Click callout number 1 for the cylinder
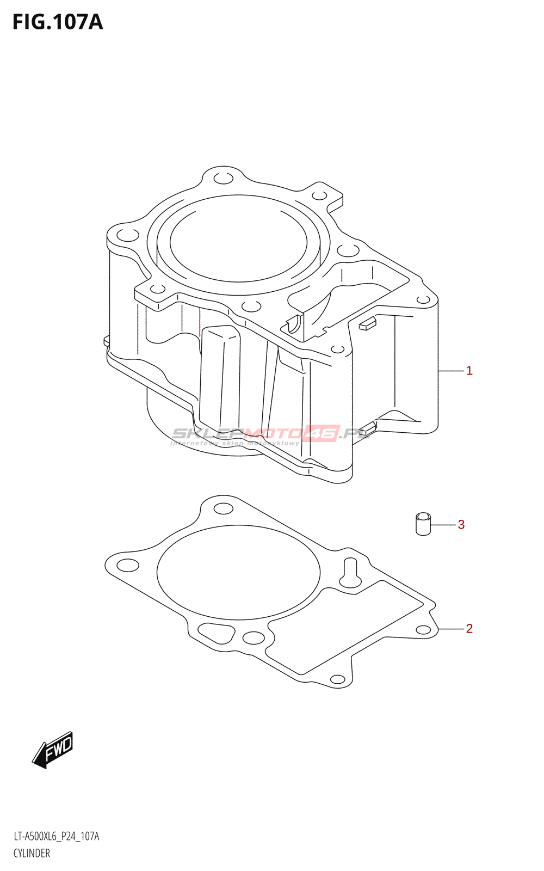pos(469,371)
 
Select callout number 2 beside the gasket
pos(469,628)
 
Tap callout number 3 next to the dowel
pos(461,524)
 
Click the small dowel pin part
pos(423,524)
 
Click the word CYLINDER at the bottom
pos(32,853)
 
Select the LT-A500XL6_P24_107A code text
pos(57,836)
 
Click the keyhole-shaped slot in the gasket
pos(350,574)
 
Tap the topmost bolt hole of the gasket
pos(223,509)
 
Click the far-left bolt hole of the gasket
pos(128,565)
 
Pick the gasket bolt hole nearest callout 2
pos(423,630)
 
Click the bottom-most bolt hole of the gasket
pos(337,679)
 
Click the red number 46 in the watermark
pos(323,433)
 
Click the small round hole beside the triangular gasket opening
pos(253,637)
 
